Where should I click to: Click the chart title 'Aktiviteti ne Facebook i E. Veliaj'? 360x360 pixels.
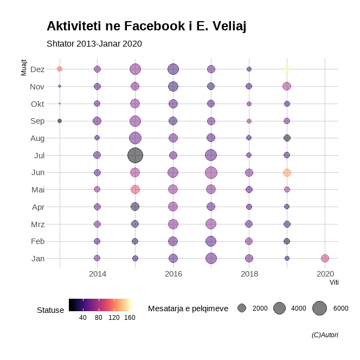[146, 26]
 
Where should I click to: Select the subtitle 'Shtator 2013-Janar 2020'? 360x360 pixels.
[94, 43]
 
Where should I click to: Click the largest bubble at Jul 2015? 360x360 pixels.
[135, 155]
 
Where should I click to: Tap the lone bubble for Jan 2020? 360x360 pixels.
[325, 258]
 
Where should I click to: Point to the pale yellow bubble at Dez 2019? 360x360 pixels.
[287, 69]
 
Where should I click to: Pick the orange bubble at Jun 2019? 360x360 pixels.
[287, 172]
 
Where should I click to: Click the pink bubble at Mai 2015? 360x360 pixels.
[135, 189]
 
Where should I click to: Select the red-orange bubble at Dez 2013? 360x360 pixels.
[60, 69]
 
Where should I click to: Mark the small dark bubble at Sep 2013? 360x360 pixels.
[60, 121]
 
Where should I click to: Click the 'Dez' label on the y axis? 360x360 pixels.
[38, 69]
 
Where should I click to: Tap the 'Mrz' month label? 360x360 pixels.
[37, 224]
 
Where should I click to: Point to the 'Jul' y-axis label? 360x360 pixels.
[39, 155]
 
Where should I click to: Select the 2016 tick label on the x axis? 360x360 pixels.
[173, 274]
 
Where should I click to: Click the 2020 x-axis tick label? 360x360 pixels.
[325, 274]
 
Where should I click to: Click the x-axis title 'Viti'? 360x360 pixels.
[334, 282]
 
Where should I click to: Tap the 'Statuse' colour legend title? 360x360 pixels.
[50, 310]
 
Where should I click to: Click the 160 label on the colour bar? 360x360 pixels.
[130, 318]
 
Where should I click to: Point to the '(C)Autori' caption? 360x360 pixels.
[325, 335]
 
